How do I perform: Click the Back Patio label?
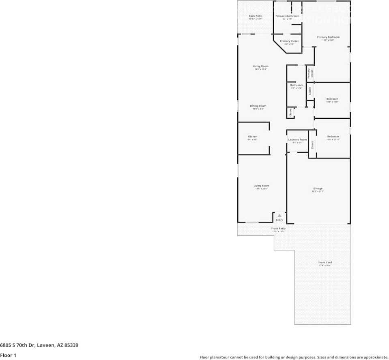coord(256,16)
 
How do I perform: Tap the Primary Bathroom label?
coord(287,16)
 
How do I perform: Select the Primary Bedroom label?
coord(328,37)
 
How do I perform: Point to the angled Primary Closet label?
coord(289,41)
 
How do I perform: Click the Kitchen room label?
coord(252,137)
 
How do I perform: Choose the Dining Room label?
coord(258,106)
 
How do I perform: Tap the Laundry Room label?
coord(297,140)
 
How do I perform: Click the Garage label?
coord(318,189)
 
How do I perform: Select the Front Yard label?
coord(325,263)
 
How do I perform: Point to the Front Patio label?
coord(278,229)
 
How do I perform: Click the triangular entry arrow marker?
coord(279,216)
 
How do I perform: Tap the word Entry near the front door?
coord(279,220)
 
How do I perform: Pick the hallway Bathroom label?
coord(297,85)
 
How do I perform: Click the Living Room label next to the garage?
coord(261,186)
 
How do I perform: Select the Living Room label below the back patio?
coord(260,66)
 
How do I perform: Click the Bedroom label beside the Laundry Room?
coord(333,137)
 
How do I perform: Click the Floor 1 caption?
coord(8,356)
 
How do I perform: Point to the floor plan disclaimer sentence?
coord(294,358)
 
